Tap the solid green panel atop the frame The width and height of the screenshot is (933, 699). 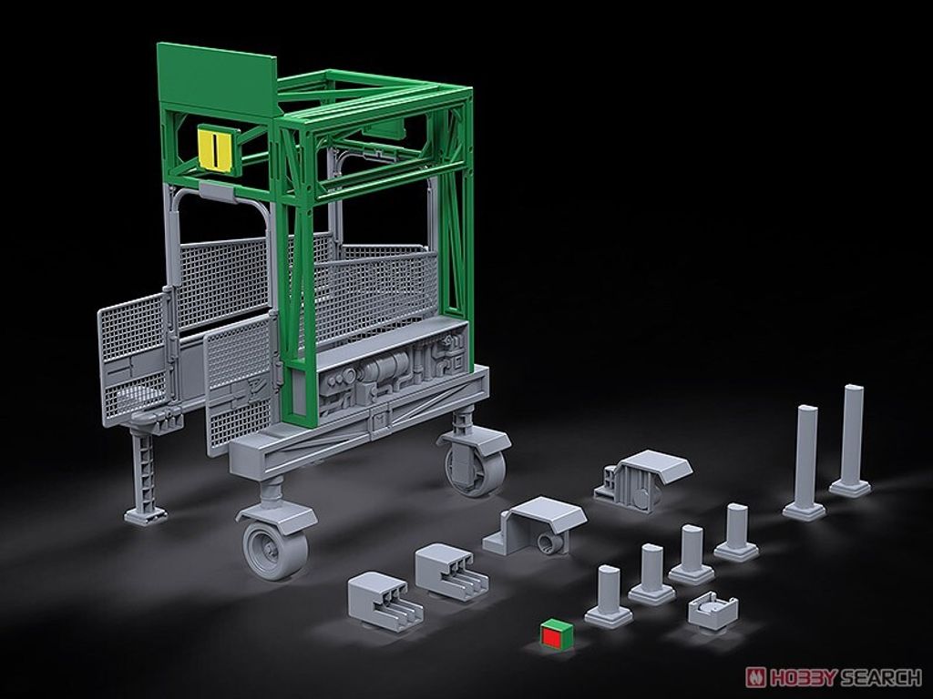pos(216,77)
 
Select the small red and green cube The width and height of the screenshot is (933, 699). pos(557,633)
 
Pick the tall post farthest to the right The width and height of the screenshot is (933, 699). pos(850,440)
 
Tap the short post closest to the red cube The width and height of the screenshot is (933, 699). pos(608,597)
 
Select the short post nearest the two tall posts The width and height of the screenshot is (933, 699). pos(736,532)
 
